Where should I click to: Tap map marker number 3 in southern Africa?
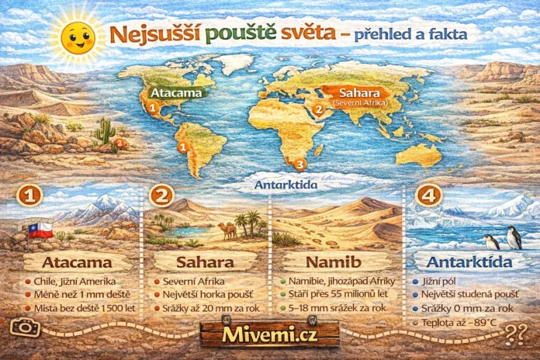click(x=300, y=164)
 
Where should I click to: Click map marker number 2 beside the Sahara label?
click(x=317, y=109)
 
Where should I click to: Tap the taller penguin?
click(x=513, y=237)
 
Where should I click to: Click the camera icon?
click(x=26, y=327)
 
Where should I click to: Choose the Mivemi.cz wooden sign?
click(x=269, y=334)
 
